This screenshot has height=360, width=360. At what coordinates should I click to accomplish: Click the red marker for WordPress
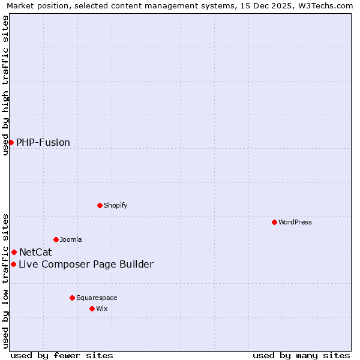[274, 222]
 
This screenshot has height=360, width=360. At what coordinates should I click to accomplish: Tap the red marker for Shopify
[100, 205]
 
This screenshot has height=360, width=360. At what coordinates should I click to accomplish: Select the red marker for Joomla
[56, 239]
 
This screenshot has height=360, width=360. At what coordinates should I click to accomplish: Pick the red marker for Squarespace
[72, 298]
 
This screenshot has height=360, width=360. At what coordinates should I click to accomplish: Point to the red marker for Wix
[92, 308]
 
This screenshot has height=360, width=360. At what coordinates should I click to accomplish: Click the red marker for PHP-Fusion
[11, 142]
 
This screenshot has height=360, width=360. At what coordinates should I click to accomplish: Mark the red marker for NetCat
[14, 252]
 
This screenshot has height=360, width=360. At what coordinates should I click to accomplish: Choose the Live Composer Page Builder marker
[13, 264]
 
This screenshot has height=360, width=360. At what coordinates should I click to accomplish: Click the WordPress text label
[295, 222]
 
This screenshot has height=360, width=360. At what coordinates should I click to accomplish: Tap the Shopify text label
[116, 205]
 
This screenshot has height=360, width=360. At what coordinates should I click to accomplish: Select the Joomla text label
[71, 239]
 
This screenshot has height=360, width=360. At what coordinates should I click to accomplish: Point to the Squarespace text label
[97, 298]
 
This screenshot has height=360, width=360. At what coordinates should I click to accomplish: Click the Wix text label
[101, 308]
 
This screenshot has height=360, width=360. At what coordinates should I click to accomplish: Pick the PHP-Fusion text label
[43, 142]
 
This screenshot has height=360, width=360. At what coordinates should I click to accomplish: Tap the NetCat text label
[35, 252]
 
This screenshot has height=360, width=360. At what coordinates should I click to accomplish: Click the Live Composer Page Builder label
[86, 264]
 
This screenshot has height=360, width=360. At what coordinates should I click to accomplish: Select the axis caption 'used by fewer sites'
[62, 355]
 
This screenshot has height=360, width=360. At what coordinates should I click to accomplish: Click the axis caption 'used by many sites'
[301, 355]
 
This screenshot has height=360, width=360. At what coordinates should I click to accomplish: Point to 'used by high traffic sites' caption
[6, 85]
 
